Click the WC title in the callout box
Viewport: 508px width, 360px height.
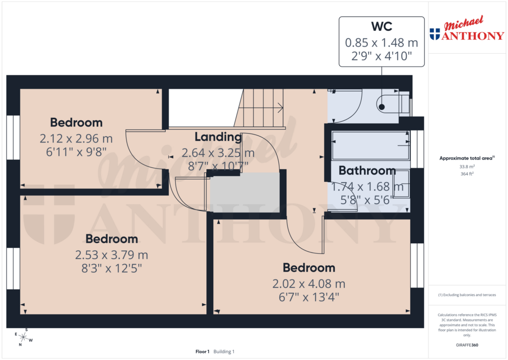pyautogui.click(x=381, y=26)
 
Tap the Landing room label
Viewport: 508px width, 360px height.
pyautogui.click(x=218, y=137)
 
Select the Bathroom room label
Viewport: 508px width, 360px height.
pyautogui.click(x=367, y=171)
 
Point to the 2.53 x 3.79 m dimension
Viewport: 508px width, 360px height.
pyautogui.click(x=112, y=255)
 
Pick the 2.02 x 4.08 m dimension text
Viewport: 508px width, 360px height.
pyautogui.click(x=309, y=284)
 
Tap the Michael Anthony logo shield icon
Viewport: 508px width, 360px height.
pyautogui.click(x=435, y=34)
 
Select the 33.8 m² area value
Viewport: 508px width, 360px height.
pyautogui.click(x=466, y=167)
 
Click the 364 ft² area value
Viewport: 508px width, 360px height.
pyautogui.click(x=466, y=174)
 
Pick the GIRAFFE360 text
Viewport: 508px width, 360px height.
pyautogui.click(x=466, y=345)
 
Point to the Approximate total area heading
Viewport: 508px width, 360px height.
pyautogui.click(x=466, y=158)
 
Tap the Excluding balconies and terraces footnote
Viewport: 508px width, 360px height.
pyautogui.click(x=466, y=295)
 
